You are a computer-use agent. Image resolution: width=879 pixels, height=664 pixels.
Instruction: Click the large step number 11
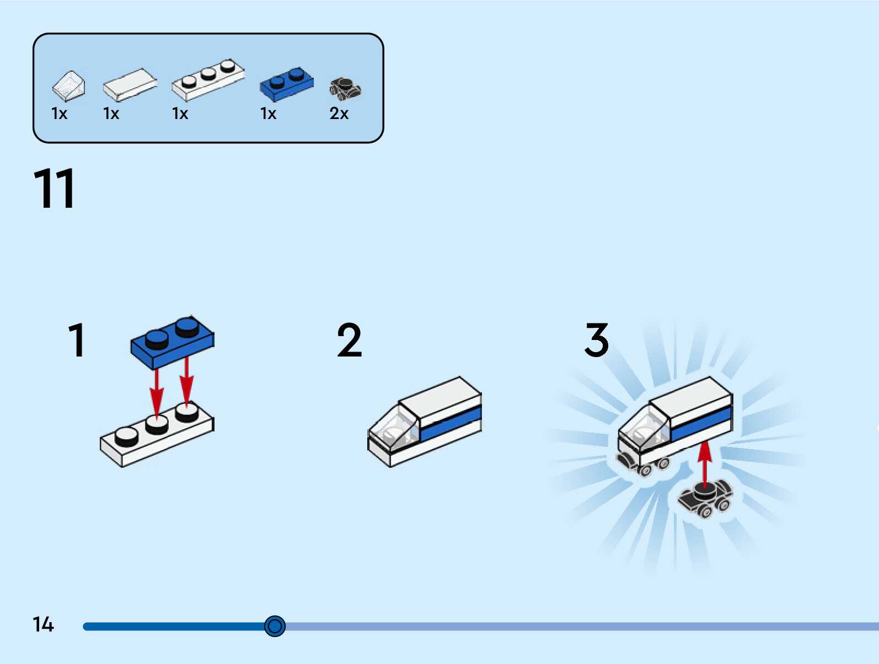[54, 188]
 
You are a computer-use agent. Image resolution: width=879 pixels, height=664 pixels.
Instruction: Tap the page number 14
[43, 624]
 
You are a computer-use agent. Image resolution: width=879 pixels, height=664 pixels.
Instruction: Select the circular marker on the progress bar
[275, 626]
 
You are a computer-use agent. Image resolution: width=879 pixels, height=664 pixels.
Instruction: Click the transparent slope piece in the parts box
[69, 86]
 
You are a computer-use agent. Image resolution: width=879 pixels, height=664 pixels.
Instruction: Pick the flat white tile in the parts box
[130, 85]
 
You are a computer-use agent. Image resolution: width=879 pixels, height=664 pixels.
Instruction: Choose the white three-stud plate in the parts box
[208, 79]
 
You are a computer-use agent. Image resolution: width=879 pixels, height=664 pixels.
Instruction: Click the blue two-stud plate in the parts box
[287, 84]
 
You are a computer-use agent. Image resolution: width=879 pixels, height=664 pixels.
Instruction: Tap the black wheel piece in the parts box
[345, 88]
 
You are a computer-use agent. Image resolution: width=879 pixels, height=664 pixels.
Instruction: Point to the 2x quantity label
[339, 114]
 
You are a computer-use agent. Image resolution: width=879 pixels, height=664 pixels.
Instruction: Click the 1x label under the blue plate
[268, 114]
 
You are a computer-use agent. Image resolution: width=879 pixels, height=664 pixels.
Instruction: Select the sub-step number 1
[77, 340]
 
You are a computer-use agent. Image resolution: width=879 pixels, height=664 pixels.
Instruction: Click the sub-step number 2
[349, 341]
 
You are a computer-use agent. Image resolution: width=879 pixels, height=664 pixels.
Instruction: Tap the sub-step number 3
[597, 341]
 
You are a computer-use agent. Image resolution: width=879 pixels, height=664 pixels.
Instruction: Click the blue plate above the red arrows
[172, 342]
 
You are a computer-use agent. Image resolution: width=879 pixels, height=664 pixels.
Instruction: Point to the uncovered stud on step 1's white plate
[127, 437]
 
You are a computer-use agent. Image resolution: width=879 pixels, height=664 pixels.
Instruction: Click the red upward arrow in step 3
[705, 463]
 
